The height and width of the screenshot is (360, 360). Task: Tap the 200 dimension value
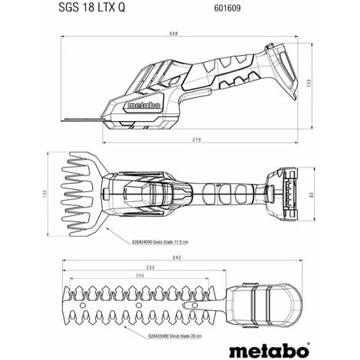(x=139, y=275)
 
